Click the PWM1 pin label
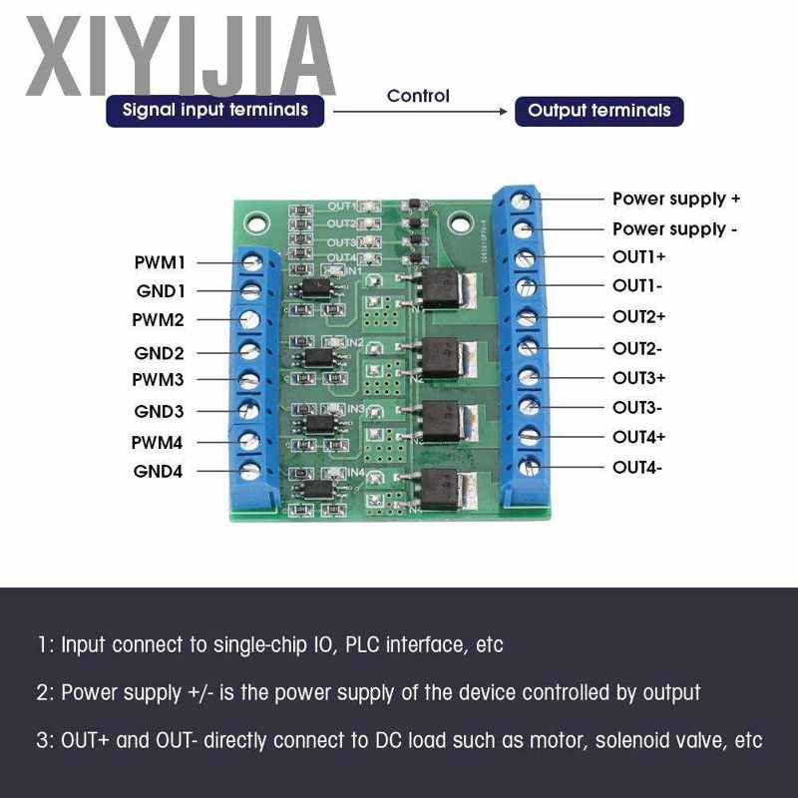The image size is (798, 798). [160, 263]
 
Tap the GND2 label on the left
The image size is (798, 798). [159, 352]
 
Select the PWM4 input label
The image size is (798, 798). [159, 442]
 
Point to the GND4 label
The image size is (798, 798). [159, 471]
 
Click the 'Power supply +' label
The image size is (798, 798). [676, 199]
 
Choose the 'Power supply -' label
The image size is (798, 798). [675, 228]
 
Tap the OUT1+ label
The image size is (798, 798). [639, 257]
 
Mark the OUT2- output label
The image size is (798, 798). [637, 348]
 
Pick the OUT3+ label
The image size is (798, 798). [639, 378]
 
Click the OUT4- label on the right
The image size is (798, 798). [637, 466]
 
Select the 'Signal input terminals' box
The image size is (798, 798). [215, 110]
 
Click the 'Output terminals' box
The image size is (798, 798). [598, 110]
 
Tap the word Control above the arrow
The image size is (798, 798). [418, 96]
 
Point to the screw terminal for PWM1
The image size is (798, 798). [250, 262]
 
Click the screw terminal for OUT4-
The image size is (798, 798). [528, 465]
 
